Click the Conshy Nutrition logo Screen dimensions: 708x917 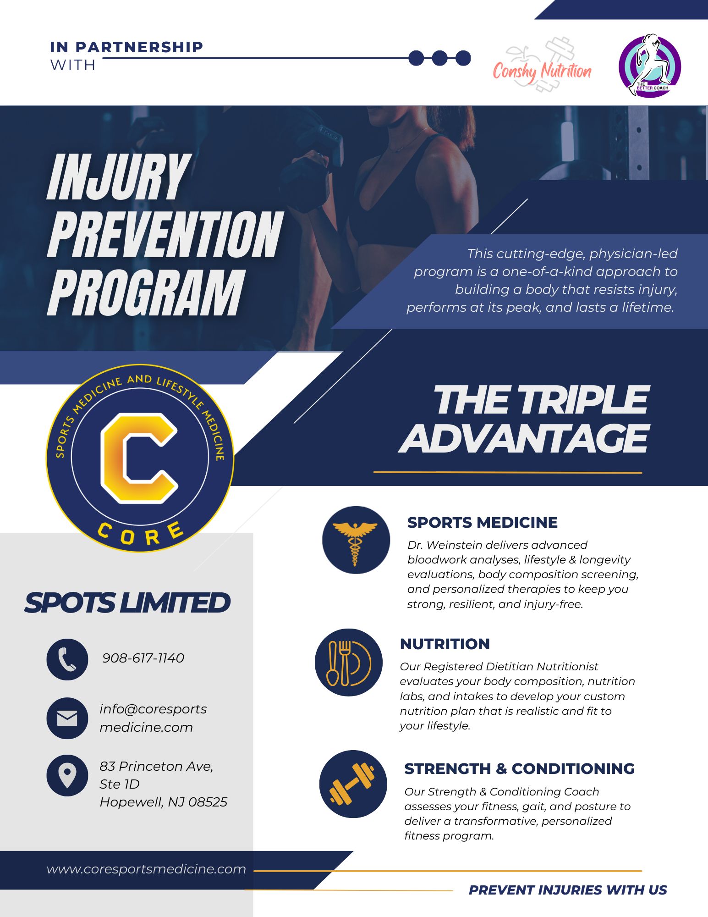[542, 66]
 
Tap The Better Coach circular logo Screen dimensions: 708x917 [649, 65]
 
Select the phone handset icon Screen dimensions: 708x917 [67, 659]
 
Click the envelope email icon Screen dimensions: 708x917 [67, 718]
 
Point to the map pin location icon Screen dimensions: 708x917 [67, 775]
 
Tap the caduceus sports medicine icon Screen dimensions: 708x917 [356, 540]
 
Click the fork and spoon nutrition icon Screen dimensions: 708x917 [348, 663]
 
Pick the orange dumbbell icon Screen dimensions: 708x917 [353, 784]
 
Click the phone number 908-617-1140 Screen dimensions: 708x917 [143, 658]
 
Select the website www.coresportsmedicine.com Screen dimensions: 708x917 [146, 869]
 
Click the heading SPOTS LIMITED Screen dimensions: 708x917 [127, 602]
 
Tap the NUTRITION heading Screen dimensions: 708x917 [445, 644]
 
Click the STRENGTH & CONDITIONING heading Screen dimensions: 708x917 [519, 768]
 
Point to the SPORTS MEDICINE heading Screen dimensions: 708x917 [482, 522]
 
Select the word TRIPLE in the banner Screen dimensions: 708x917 [585, 400]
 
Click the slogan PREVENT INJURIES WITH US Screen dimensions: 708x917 [568, 890]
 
